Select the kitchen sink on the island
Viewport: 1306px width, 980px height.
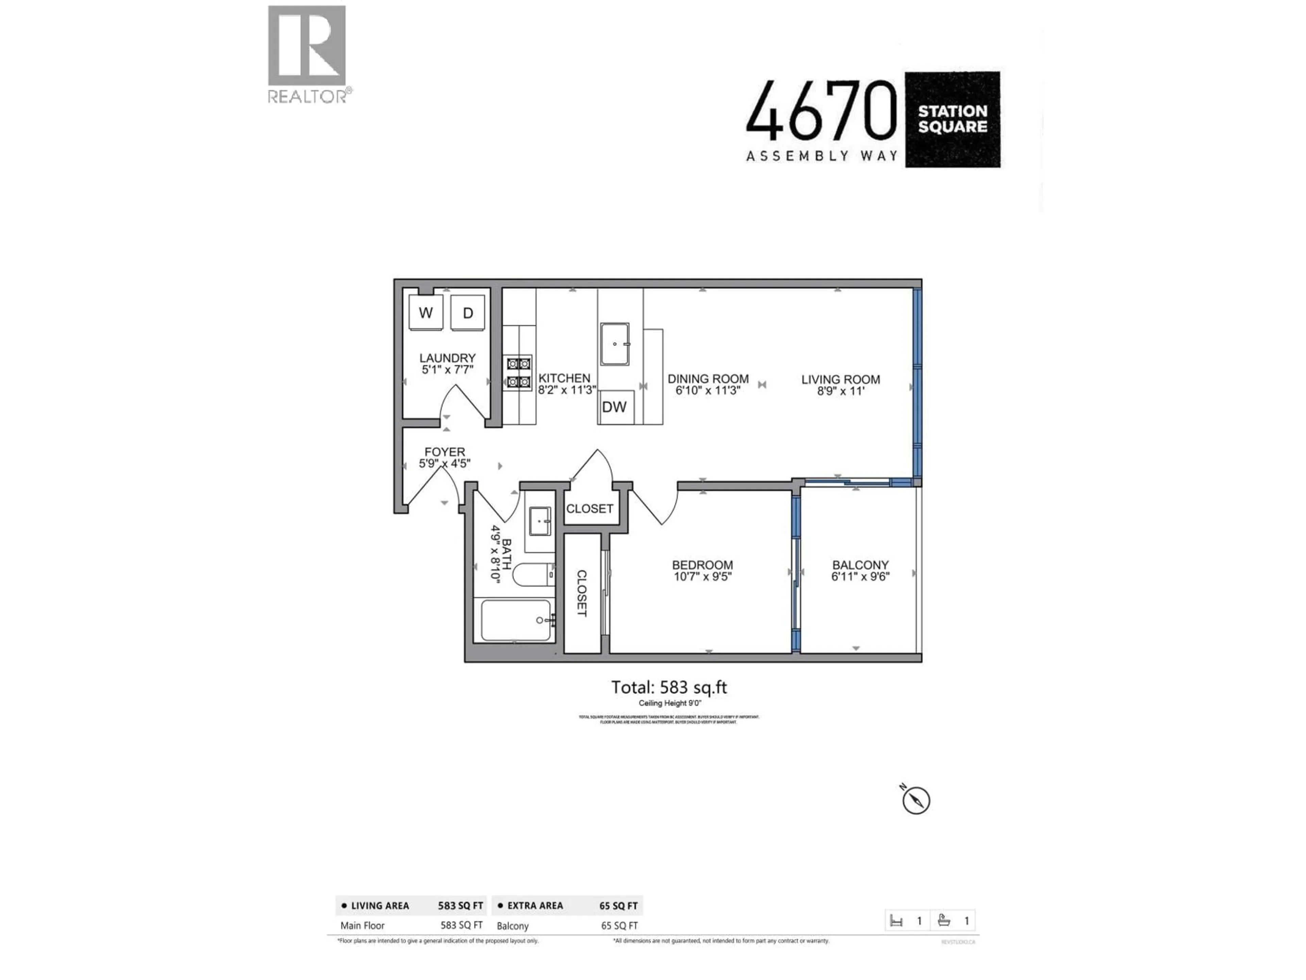coord(615,344)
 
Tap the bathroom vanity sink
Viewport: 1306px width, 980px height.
coord(540,521)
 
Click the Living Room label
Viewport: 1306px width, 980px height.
coord(840,379)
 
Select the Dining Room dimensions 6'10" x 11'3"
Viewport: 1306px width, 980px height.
coord(708,390)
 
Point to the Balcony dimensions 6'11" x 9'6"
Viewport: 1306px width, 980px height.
coord(860,576)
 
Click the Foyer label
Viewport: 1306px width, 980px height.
coord(445,452)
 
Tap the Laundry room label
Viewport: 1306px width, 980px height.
coord(447,358)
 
